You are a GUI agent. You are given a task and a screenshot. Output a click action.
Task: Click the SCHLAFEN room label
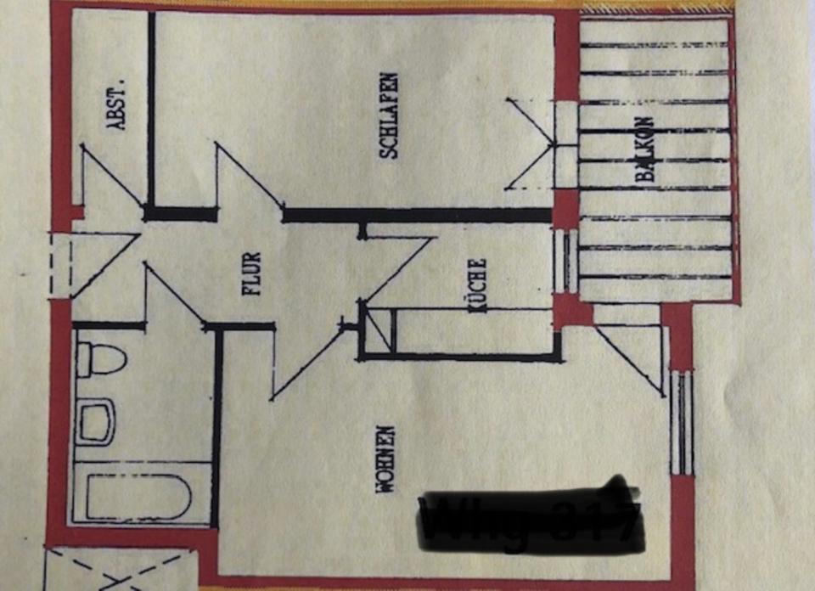389,115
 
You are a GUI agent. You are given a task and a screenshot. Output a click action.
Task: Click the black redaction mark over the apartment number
531,521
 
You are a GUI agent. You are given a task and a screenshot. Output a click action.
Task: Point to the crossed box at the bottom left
119,569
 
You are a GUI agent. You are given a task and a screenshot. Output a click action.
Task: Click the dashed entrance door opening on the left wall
59,264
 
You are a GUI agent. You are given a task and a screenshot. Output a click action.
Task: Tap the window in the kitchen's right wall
565,260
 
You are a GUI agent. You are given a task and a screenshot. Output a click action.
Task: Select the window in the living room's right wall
683,422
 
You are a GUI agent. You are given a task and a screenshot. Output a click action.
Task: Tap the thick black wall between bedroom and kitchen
416,215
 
